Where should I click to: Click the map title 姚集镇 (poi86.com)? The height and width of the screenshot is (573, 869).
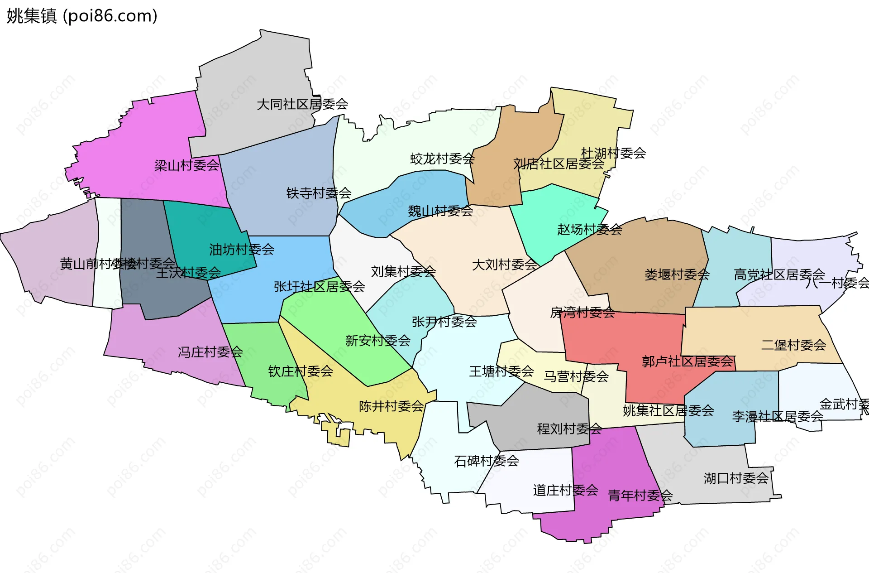(82, 16)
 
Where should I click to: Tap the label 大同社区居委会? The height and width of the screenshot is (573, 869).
(302, 104)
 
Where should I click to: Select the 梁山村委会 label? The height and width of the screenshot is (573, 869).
(186, 165)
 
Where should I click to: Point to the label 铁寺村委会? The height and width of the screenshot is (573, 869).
(319, 193)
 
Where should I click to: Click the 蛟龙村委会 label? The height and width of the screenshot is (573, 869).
(442, 159)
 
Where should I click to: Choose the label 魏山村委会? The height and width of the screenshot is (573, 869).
(440, 211)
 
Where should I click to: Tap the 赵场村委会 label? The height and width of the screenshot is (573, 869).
(589, 230)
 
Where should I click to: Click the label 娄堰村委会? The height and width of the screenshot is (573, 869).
(677, 274)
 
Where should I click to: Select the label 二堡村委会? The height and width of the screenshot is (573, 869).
(793, 345)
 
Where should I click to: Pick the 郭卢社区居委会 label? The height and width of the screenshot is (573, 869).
(687, 361)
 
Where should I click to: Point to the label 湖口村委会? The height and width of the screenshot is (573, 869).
(736, 478)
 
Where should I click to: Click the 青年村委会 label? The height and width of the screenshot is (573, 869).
(640, 496)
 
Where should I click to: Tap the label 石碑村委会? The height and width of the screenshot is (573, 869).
(486, 461)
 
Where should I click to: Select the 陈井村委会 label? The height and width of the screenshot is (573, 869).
(391, 406)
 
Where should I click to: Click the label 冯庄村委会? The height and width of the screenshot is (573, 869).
(210, 352)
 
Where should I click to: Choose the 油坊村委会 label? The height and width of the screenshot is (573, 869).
(241, 250)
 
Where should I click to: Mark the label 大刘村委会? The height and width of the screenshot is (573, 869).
(504, 265)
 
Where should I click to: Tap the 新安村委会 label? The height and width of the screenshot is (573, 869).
(377, 341)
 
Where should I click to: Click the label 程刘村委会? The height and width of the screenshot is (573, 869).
(569, 429)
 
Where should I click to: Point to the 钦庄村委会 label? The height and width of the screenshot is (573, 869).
(300, 371)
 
